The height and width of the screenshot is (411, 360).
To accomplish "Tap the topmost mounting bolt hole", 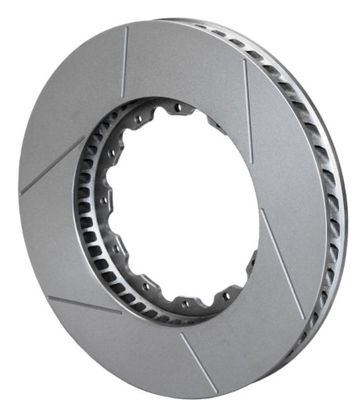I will tap(177, 107).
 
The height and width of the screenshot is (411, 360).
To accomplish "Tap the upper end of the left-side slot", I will tap(84, 137).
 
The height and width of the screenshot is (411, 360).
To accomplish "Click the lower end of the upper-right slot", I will tap(252, 163).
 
